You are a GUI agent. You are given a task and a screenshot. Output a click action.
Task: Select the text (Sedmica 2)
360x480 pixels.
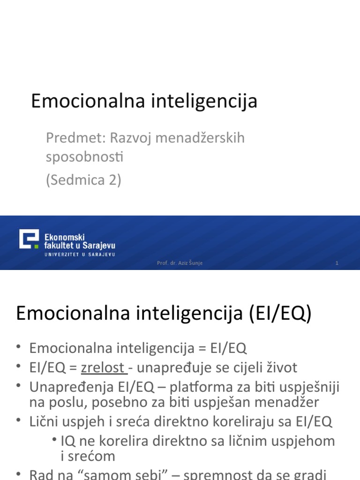pos(83,180)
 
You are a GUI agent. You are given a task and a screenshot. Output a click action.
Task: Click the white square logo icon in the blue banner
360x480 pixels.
pos(29,240)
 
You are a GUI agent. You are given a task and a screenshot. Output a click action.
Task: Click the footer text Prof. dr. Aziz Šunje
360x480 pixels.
pos(180,263)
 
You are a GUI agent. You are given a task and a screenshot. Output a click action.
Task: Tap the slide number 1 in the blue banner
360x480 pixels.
pos(337,263)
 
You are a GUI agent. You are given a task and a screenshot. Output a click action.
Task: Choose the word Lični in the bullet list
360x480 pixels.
pos(44,421)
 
